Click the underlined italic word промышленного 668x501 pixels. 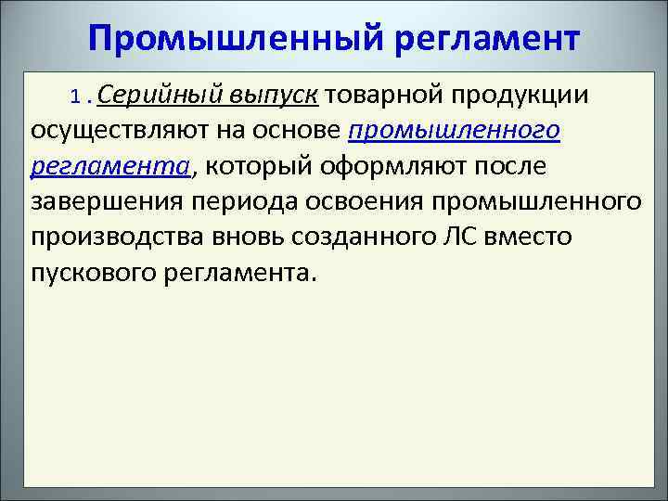[454, 130]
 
